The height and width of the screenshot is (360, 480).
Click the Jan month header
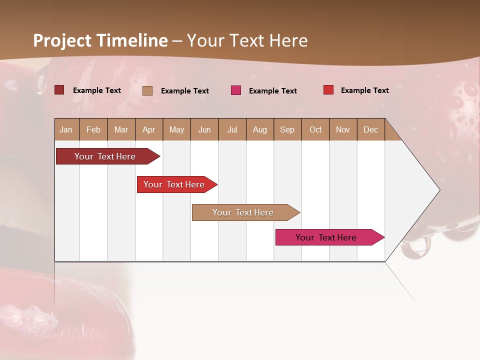point(66,129)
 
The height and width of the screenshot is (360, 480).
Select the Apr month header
point(148,129)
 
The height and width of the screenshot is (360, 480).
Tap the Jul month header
point(232,129)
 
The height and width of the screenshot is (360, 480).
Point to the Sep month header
point(287,129)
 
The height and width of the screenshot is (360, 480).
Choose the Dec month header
point(370,129)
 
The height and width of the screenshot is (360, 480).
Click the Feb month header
point(93,129)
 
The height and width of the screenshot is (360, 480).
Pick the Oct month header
point(315,129)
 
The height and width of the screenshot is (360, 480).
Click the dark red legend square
point(59,90)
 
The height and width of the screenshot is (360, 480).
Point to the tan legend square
point(147,90)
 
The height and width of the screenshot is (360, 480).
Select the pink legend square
point(236,90)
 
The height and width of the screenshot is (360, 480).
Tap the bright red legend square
point(328,90)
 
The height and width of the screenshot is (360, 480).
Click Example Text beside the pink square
point(272,91)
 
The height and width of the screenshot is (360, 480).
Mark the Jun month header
point(204,129)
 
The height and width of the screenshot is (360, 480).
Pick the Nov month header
point(343,129)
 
